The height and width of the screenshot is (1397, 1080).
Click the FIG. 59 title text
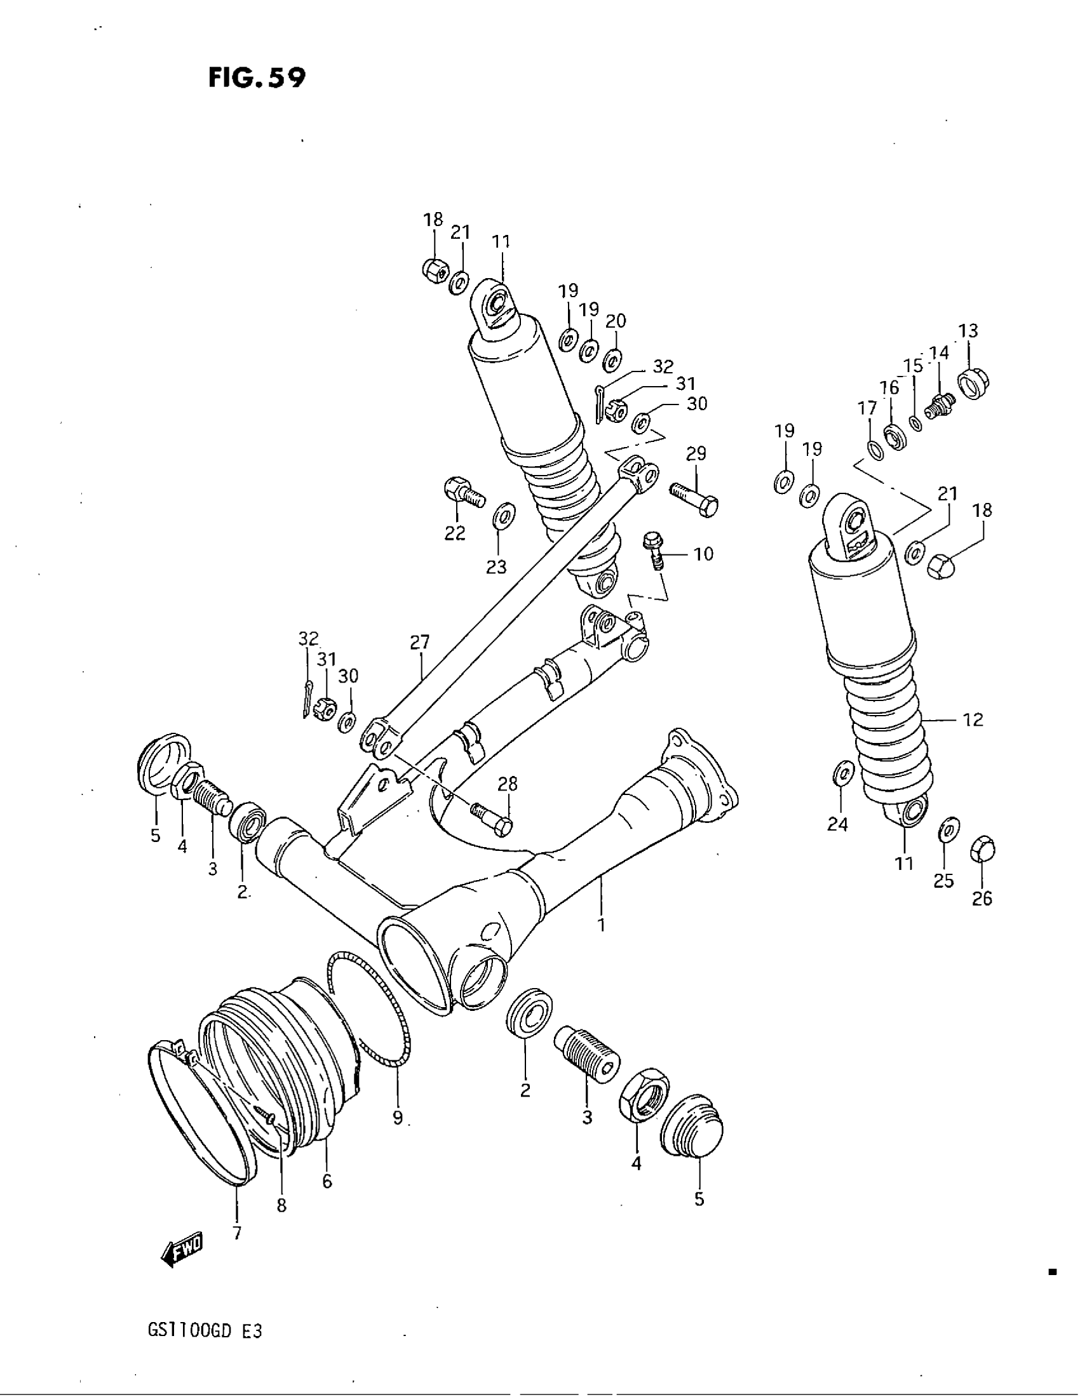pyautogui.click(x=257, y=78)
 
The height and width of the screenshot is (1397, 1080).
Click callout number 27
pyautogui.click(x=420, y=642)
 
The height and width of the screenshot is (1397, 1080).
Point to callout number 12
pyautogui.click(x=973, y=719)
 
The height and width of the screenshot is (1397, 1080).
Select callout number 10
pyautogui.click(x=703, y=554)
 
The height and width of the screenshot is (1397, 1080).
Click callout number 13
pyautogui.click(x=968, y=331)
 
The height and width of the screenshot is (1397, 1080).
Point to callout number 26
pyautogui.click(x=982, y=899)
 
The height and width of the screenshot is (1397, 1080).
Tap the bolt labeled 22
pyautogui.click(x=463, y=493)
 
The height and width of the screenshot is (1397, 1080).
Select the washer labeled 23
pyautogui.click(x=504, y=515)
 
